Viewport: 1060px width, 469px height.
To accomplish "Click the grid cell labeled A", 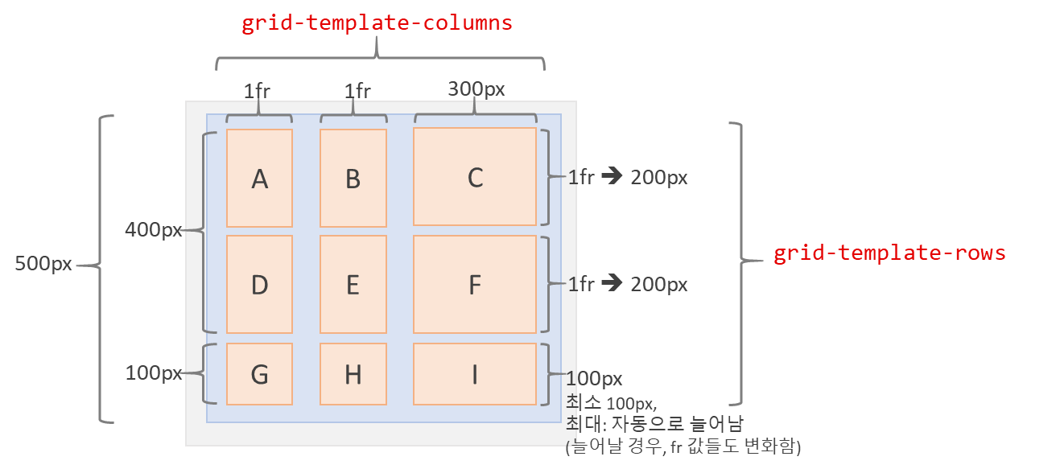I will pyautogui.click(x=259, y=178).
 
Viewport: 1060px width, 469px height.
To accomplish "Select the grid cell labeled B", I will pyautogui.click(x=353, y=178).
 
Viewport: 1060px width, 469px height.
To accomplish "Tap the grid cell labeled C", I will pyautogui.click(x=475, y=177).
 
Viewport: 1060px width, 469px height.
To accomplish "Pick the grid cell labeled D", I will pyautogui.click(x=259, y=284).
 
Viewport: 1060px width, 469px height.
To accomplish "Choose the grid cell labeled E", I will pyautogui.click(x=353, y=284).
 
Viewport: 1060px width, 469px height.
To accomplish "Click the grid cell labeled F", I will pyautogui.click(x=475, y=284).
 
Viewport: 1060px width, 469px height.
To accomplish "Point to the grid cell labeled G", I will pyautogui.click(x=259, y=374).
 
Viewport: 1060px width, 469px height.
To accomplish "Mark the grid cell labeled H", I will pyautogui.click(x=353, y=374).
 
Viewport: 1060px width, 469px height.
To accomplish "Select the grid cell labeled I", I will pyautogui.click(x=475, y=374).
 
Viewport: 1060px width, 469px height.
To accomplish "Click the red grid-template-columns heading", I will pyautogui.click(x=377, y=23).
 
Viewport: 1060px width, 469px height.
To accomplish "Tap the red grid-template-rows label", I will pyautogui.click(x=889, y=253).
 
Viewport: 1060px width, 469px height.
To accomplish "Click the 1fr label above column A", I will pyautogui.click(x=257, y=90).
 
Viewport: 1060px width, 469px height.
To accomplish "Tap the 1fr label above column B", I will pyautogui.click(x=357, y=91).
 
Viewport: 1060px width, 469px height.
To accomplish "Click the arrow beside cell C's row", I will pyautogui.click(x=612, y=176).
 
